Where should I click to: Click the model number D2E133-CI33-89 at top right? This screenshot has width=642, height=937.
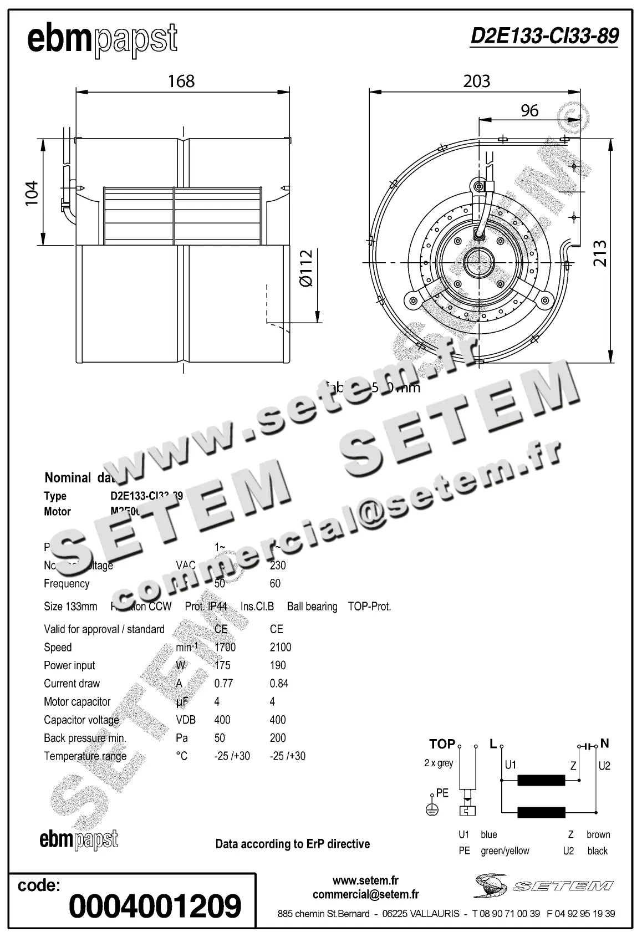click(x=544, y=36)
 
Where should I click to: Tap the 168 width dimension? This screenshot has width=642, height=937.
click(x=181, y=81)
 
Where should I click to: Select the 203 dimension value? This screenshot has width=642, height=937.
click(x=477, y=81)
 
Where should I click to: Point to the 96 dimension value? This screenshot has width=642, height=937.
click(x=529, y=110)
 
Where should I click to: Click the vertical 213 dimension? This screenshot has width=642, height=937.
click(x=600, y=253)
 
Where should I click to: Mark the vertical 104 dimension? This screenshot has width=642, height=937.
click(x=32, y=193)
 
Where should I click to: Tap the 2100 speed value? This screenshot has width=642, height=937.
click(x=280, y=647)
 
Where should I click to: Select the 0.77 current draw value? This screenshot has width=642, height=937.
click(x=223, y=683)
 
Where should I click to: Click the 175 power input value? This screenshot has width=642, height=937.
click(x=222, y=665)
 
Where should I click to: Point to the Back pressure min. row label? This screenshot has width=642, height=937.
click(x=85, y=738)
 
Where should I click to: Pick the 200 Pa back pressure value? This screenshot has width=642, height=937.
click(x=278, y=738)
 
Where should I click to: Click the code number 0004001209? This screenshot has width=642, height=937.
click(x=155, y=906)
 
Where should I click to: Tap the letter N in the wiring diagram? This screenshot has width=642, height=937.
click(x=604, y=744)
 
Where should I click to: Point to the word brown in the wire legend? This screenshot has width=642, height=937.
click(x=598, y=834)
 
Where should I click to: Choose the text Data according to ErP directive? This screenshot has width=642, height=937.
click(x=292, y=844)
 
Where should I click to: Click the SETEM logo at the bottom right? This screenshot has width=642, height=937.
click(x=543, y=885)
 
